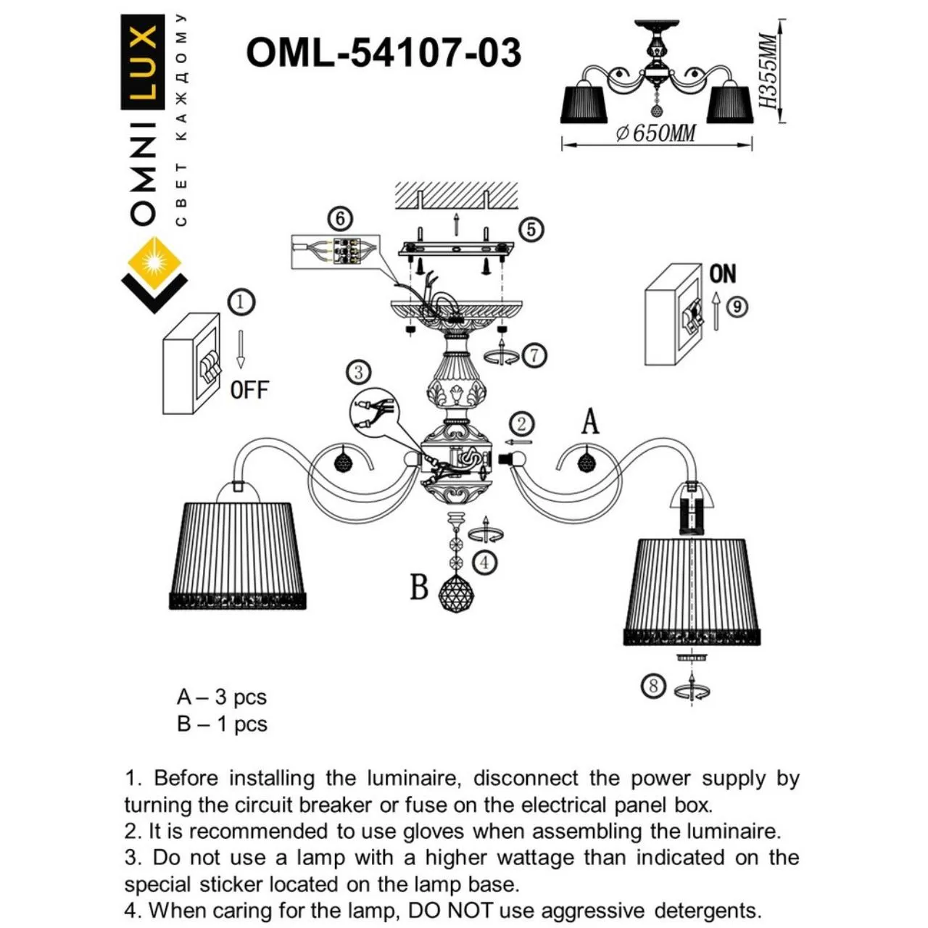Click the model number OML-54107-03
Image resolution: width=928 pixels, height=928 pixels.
click(384, 52)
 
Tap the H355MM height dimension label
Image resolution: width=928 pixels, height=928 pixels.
click(767, 71)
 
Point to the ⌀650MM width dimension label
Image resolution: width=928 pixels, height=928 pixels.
click(656, 133)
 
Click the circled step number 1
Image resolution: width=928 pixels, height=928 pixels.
click(241, 302)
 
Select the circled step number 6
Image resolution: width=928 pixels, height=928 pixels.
click(341, 219)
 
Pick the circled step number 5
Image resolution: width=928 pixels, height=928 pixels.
click(531, 229)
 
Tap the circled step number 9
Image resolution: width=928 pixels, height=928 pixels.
click(737, 307)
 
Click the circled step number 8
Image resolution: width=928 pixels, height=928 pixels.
click(653, 686)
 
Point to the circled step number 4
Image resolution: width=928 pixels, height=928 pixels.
click(485, 563)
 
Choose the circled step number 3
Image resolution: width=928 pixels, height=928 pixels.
click(359, 373)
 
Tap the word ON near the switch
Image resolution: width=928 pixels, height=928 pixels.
click(722, 273)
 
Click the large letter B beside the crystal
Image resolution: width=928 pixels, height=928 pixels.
click(419, 587)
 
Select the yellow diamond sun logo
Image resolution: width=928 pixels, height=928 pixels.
click(154, 262)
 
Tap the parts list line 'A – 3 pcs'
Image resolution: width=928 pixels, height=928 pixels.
click(222, 697)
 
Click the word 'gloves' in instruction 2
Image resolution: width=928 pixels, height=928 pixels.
click(433, 831)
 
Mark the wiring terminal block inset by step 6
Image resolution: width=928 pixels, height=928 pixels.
click(336, 252)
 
